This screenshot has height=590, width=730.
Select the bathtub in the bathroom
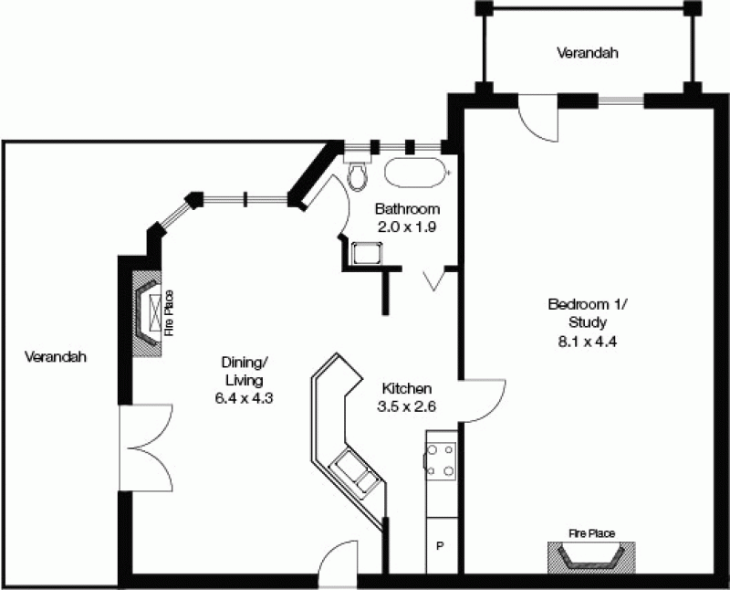[x=416, y=173]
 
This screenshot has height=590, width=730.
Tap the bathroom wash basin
[x=367, y=253]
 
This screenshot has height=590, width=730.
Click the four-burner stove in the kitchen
[x=440, y=461]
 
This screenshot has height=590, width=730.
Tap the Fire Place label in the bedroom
[x=591, y=533]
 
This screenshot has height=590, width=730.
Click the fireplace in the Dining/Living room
[x=148, y=313]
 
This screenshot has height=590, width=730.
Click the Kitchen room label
[x=406, y=388]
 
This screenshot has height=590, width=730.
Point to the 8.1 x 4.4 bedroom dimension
[x=587, y=342]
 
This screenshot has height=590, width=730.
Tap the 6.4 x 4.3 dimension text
[x=244, y=398]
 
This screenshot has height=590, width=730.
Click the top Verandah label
[x=588, y=52]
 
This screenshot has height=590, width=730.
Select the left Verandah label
[x=56, y=357]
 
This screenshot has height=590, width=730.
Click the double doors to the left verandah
[x=146, y=448]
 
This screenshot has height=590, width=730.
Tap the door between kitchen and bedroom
[x=483, y=401]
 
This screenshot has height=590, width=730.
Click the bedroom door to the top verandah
[x=538, y=118]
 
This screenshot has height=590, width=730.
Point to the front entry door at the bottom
[x=338, y=562]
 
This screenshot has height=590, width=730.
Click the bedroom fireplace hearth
[x=591, y=558]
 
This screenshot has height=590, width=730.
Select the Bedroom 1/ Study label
[x=587, y=313]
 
